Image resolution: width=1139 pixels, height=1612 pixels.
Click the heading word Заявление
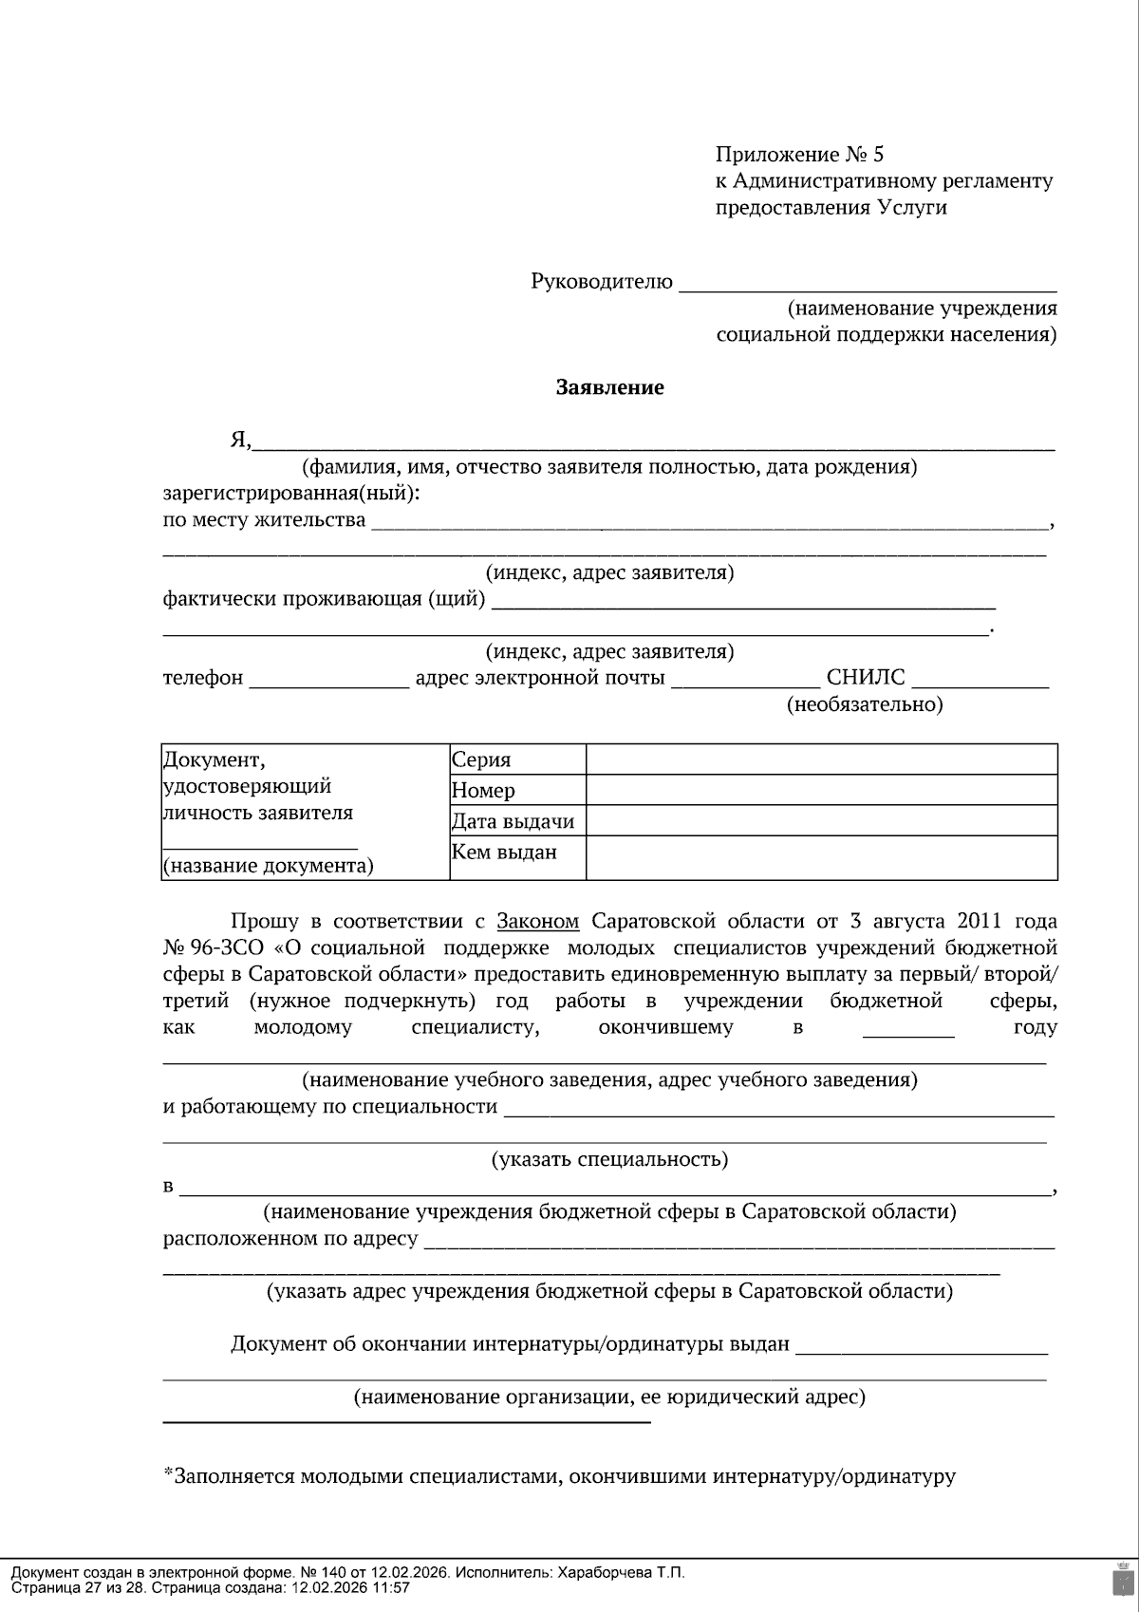click(x=609, y=387)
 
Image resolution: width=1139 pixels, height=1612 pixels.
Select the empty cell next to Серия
click(x=821, y=759)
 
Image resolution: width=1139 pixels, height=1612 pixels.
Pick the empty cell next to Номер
click(x=821, y=790)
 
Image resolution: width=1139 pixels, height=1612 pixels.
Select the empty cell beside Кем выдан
click(x=821, y=857)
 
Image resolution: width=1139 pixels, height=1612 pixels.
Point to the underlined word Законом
click(x=537, y=921)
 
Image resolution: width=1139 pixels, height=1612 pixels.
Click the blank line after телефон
click(x=328, y=680)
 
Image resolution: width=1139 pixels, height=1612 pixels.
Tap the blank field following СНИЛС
click(x=980, y=680)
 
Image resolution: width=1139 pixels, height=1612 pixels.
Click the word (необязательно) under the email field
click(x=865, y=704)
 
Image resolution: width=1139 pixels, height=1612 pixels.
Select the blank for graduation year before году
click(x=908, y=1030)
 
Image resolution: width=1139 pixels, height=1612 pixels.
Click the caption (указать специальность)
click(x=609, y=1159)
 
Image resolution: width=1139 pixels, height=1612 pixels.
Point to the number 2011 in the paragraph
click(x=980, y=921)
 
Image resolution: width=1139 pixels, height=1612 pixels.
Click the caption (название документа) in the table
click(x=269, y=866)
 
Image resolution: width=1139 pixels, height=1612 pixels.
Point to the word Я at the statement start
click(x=238, y=440)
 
